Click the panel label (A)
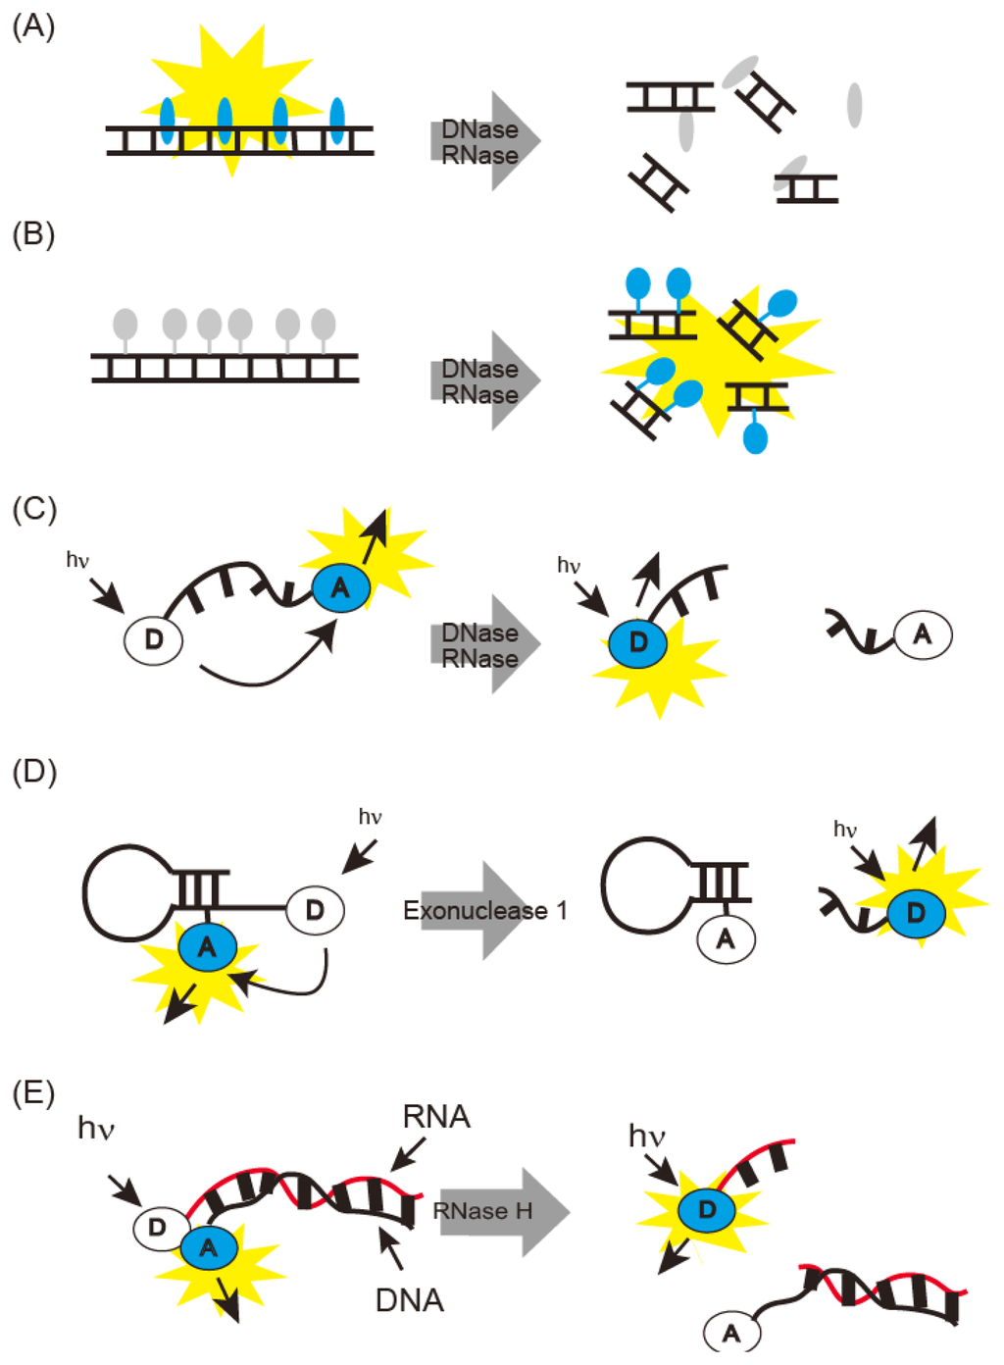coord(33,26)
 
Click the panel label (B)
coord(33,234)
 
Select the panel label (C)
coord(34,509)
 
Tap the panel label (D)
coord(34,772)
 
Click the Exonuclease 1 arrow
coord(485,911)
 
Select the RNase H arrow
coord(500,1211)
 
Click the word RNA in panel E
coord(436,1117)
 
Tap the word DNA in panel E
coord(410,1300)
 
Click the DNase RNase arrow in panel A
coord(485,142)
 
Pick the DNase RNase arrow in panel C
coord(485,645)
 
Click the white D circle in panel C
coord(154,639)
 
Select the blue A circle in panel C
coord(340,587)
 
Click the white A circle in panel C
coord(923,634)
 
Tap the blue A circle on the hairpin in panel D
coord(208,947)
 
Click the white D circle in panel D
coord(315,910)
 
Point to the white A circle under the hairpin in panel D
coord(726,938)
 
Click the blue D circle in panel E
coord(707,1210)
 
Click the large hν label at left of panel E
coord(96,1129)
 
